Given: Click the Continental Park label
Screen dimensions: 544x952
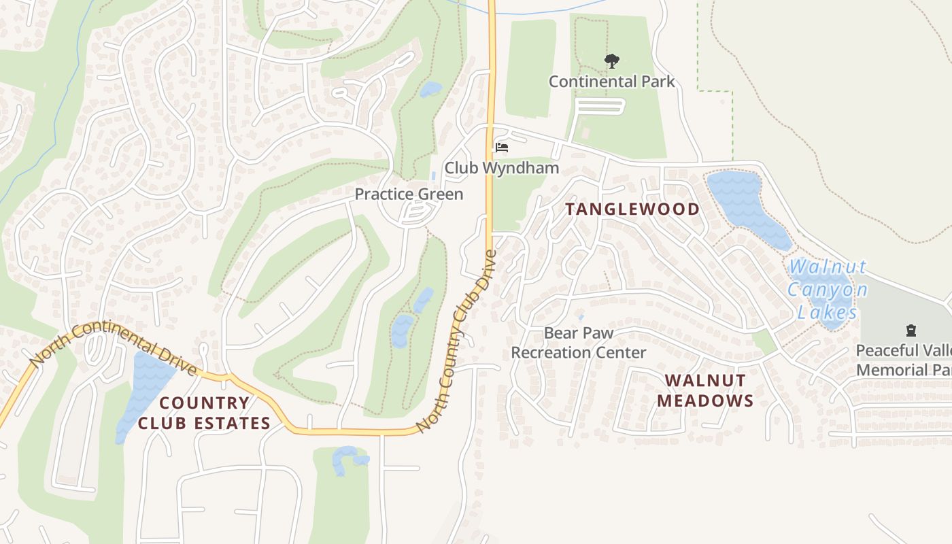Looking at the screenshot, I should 611,82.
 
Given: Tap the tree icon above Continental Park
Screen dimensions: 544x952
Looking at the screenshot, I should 612,61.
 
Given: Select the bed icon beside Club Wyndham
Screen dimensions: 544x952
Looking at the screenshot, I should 502,147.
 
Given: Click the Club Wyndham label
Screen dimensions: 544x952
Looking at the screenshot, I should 502,167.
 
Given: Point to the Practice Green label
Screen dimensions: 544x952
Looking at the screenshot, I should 409,194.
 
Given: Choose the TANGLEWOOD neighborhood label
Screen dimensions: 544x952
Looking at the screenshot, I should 632,209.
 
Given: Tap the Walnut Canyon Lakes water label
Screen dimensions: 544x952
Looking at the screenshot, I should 827,289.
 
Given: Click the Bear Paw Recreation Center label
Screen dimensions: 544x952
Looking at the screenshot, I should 579,343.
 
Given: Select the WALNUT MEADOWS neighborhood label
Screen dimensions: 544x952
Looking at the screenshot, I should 705,390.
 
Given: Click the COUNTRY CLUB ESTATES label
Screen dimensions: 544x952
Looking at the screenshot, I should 204,413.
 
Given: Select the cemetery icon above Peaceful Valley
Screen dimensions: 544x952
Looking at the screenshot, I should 911,331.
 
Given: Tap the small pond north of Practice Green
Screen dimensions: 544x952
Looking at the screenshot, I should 430,89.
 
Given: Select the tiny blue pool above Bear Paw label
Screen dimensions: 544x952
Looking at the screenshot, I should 580,317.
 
